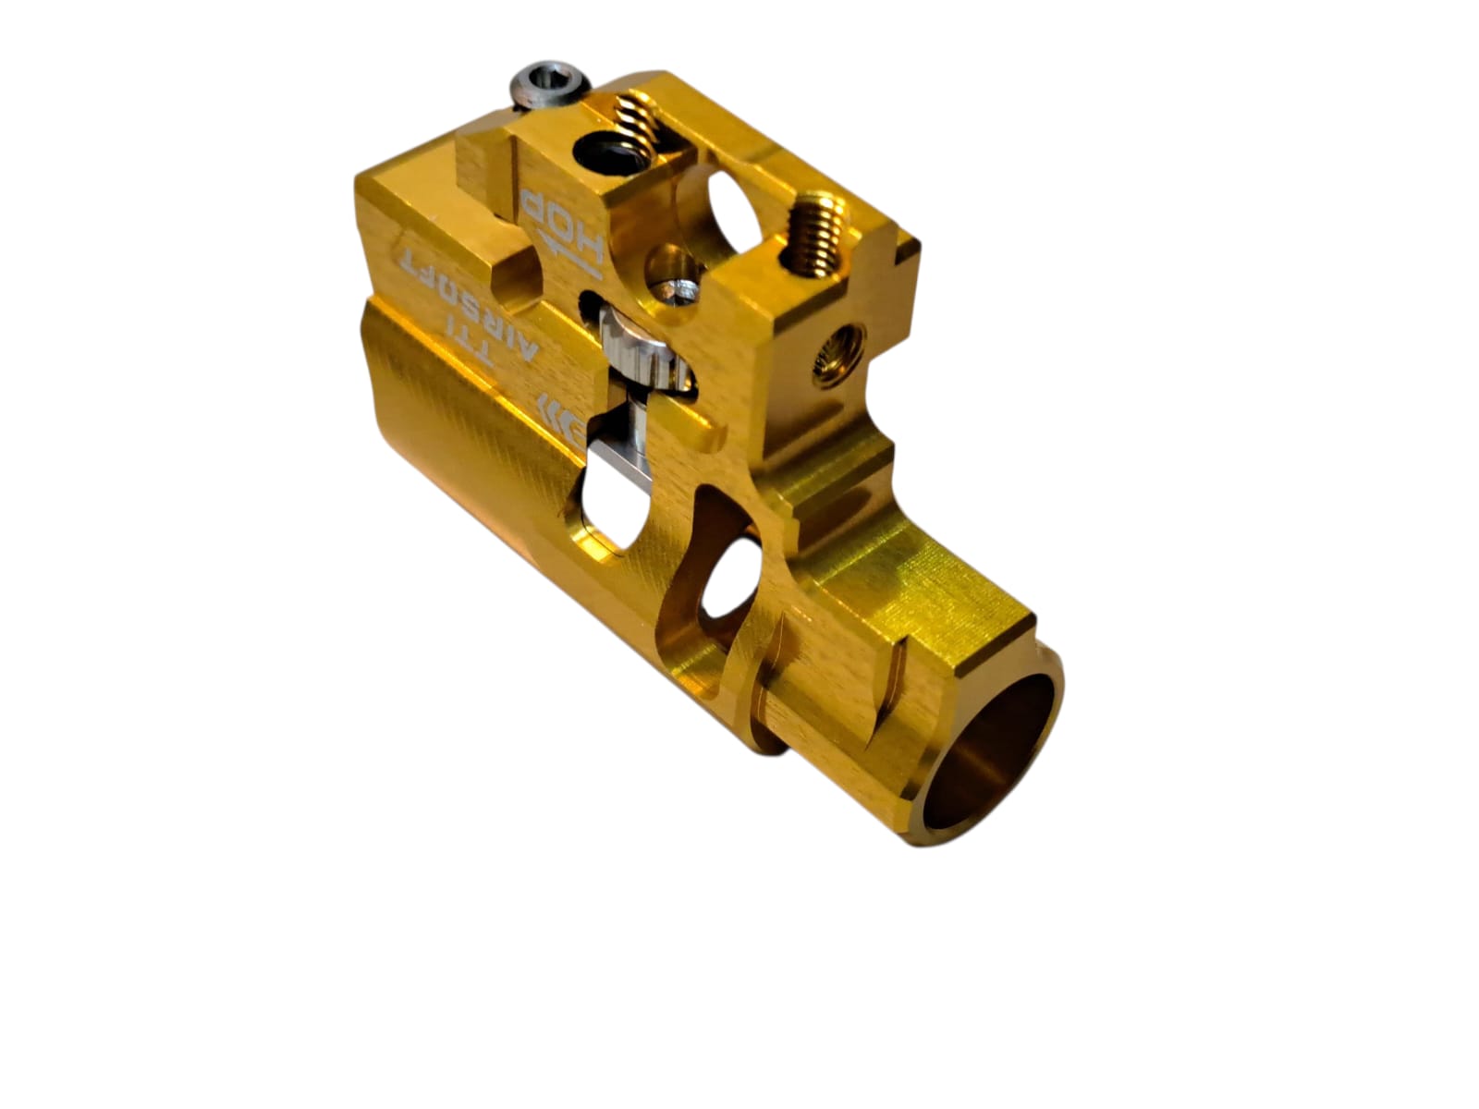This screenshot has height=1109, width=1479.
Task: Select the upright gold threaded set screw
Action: coord(815,232)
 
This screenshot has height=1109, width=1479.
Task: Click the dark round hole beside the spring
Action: coord(611,153)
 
